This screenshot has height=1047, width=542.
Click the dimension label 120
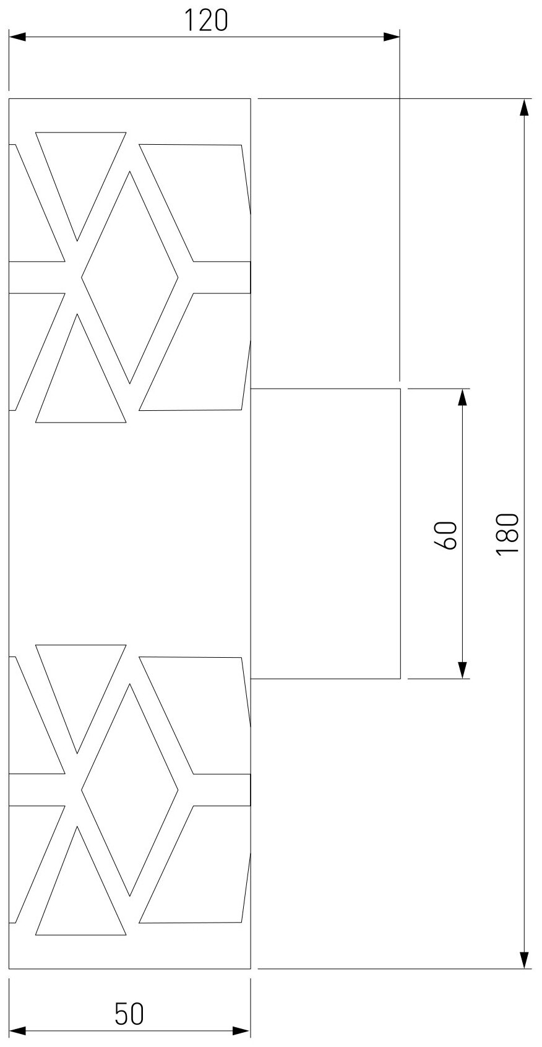pyautogui.click(x=206, y=21)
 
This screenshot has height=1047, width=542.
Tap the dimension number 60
pyautogui.click(x=446, y=534)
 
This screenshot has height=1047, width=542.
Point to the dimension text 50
pyautogui.click(x=129, y=1014)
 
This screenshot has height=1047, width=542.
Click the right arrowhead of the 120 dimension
pyautogui.click(x=391, y=37)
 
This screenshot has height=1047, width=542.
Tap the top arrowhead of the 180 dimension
pyautogui.click(x=524, y=108)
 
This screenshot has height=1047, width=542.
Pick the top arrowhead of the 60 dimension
pyautogui.click(x=462, y=397)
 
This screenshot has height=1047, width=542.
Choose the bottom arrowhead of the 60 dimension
pyautogui.click(x=462, y=670)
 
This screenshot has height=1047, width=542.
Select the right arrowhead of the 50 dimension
pyautogui.click(x=242, y=1031)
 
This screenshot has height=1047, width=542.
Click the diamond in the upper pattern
pyautogui.click(x=130, y=277)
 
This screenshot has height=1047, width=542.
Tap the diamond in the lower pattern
pyautogui.click(x=130, y=790)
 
